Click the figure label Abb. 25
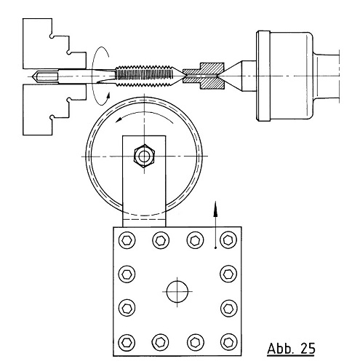[291, 349]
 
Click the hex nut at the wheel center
[145, 157]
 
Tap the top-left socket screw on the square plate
[127, 240]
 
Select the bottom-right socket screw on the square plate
[228, 342]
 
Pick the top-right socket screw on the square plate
[228, 240]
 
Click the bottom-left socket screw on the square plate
[127, 342]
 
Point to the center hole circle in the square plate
[177, 291]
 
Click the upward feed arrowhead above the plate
[215, 209]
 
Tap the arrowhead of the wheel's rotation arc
[119, 119]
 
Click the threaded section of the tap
[144, 76]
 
